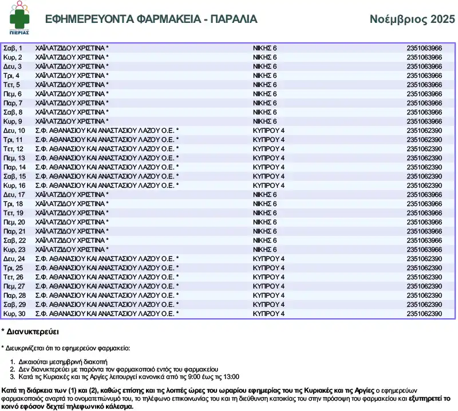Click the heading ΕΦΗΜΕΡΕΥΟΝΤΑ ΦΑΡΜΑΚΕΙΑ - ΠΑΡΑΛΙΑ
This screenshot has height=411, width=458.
tap(151, 19)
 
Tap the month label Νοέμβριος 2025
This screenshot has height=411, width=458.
tap(412, 19)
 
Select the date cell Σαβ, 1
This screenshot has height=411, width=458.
tap(13, 48)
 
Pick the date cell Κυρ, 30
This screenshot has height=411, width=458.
tap(14, 314)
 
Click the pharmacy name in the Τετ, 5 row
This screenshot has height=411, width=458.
tap(72, 85)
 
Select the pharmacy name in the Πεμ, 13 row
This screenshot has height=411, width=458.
tap(106, 158)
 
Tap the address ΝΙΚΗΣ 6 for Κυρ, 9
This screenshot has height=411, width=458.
tap(264, 121)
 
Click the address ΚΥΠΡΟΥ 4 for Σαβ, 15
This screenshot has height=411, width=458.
tap(269, 176)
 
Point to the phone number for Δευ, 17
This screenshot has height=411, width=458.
tap(424, 195)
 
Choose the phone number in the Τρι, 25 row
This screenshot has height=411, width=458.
tap(424, 268)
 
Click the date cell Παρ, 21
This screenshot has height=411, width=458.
tap(14, 231)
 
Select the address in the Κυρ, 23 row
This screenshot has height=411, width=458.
tap(264, 250)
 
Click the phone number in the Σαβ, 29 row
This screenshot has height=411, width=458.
tap(424, 305)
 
